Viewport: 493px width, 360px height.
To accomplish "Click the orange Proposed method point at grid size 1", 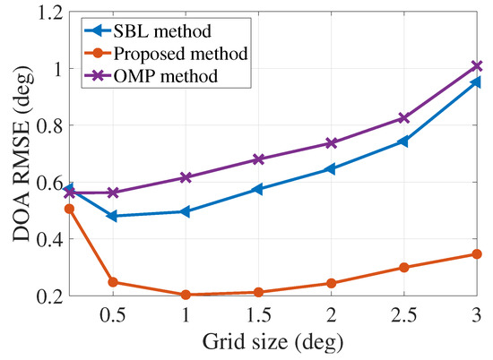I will pos(186,295).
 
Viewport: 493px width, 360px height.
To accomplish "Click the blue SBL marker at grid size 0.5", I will pos(112,216).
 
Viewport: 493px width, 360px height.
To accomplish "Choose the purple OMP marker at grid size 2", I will pos(332,143).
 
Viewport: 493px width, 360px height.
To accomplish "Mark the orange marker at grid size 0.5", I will pos(112,282).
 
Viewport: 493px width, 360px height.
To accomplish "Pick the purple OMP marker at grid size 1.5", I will pos(258,159).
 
